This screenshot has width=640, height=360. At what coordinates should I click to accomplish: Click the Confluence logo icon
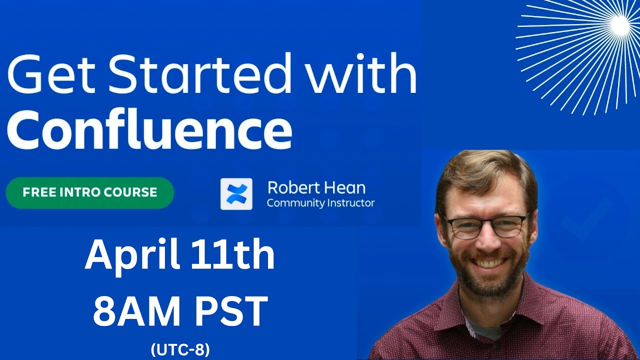click(x=236, y=193)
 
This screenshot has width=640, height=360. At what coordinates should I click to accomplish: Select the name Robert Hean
click(x=316, y=187)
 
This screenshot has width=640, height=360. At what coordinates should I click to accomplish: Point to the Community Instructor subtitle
click(x=320, y=203)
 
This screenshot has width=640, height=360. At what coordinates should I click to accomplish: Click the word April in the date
click(x=132, y=255)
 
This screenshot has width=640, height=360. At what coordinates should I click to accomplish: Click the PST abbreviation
click(x=229, y=311)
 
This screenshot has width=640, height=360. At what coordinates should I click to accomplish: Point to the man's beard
click(x=487, y=277)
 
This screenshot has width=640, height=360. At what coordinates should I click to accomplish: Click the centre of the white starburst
click(x=620, y=23)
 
